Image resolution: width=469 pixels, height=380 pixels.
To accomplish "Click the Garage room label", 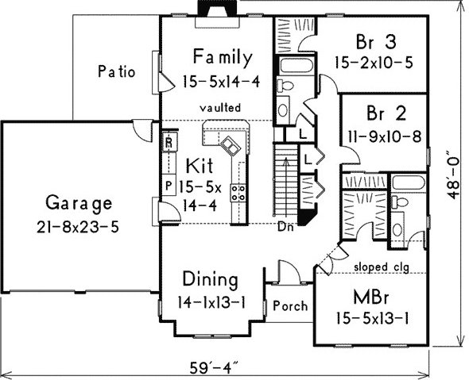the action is pyautogui.click(x=79, y=203).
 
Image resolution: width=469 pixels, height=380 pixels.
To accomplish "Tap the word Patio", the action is pyautogui.click(x=117, y=71).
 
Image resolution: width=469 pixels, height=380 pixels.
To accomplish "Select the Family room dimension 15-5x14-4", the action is pyautogui.click(x=221, y=81).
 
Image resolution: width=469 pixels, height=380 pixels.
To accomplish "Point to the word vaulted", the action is pyautogui.click(x=220, y=107).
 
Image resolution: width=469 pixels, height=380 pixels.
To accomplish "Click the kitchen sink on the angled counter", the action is pyautogui.click(x=231, y=146).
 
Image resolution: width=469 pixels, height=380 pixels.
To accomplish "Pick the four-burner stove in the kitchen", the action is pyautogui.click(x=238, y=193).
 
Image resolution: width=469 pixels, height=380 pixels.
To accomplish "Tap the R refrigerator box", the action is pyautogui.click(x=169, y=142).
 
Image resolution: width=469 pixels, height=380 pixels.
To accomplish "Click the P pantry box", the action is pyautogui.click(x=169, y=186).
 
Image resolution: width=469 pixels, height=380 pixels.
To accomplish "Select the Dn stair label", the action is pyautogui.click(x=285, y=227).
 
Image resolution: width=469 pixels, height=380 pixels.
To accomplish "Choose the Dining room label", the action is pyautogui.click(x=211, y=280).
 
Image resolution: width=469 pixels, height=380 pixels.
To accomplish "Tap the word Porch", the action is pyautogui.click(x=290, y=306).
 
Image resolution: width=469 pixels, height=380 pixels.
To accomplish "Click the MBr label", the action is pyautogui.click(x=371, y=297).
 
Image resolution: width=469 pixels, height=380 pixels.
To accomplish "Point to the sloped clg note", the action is pyautogui.click(x=382, y=267).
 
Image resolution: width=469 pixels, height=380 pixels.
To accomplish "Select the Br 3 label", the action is pyautogui.click(x=376, y=42).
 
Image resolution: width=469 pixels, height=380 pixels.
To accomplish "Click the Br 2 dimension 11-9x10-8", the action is pyautogui.click(x=385, y=136).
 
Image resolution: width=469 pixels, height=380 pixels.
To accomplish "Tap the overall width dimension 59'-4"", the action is pyautogui.click(x=214, y=368).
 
